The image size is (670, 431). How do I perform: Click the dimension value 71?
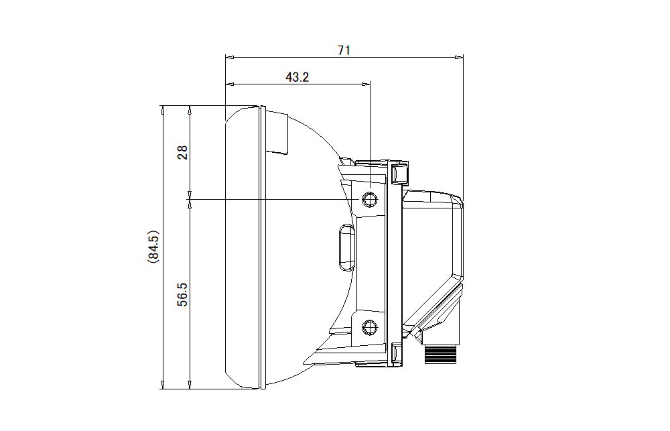pos(344,50)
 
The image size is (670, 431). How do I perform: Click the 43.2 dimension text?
pos(297,77)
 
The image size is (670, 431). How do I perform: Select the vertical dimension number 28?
pos(182,152)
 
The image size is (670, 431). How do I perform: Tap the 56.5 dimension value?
pos(182,295)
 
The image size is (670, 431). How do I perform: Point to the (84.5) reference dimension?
pos(153,247)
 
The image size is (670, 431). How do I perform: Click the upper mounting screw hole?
pos(369,199)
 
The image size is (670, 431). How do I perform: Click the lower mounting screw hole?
pos(369,328)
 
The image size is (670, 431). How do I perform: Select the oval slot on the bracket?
pos(346,247)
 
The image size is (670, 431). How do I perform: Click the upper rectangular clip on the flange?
pos(400,174)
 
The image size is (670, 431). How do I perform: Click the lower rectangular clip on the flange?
pos(397,353)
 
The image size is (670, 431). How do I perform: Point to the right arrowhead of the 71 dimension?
pos(460,58)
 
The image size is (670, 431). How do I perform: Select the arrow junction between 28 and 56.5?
pos(190,199)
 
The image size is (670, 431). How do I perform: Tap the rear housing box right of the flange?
pos(432,241)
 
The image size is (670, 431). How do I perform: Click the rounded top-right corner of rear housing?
pos(457,199)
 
